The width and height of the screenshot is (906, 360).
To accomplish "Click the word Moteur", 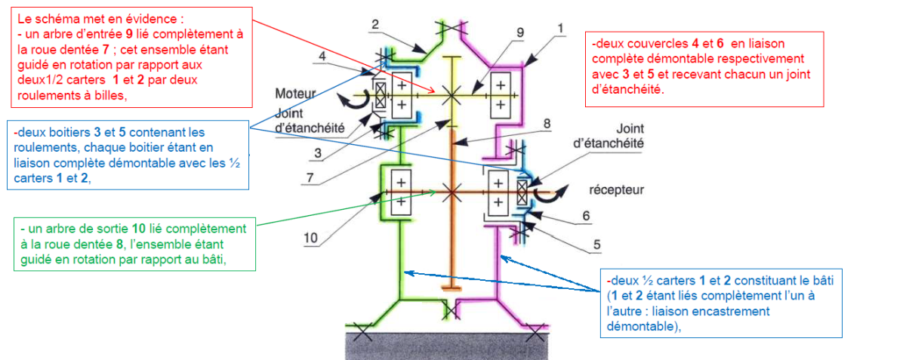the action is coord(296,94).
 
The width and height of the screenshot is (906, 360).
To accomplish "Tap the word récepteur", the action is coord(616,189).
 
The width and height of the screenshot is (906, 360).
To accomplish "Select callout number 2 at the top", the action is coord(375,24).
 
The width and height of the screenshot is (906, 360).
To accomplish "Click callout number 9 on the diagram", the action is coord(520,32).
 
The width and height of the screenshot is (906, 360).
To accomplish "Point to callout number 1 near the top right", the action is coord(560,28).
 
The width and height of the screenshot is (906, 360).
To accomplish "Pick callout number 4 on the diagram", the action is coord(322,56).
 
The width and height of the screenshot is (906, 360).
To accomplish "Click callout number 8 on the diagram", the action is coord(547,123).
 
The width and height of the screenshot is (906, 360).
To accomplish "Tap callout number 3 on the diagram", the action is coord(318,153).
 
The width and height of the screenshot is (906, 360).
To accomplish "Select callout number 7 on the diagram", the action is coord(310,177).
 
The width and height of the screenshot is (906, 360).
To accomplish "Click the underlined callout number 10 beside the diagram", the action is coord(310,238).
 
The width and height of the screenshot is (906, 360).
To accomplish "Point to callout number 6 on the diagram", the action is coord(586,216).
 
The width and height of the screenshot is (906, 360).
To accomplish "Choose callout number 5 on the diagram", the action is coord(597,245).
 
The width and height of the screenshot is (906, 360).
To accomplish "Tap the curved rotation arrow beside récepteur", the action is coord(551,192).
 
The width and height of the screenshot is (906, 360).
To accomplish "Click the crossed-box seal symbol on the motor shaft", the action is coord(381,95).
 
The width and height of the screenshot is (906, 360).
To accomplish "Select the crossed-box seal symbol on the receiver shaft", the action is coord(522,192).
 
